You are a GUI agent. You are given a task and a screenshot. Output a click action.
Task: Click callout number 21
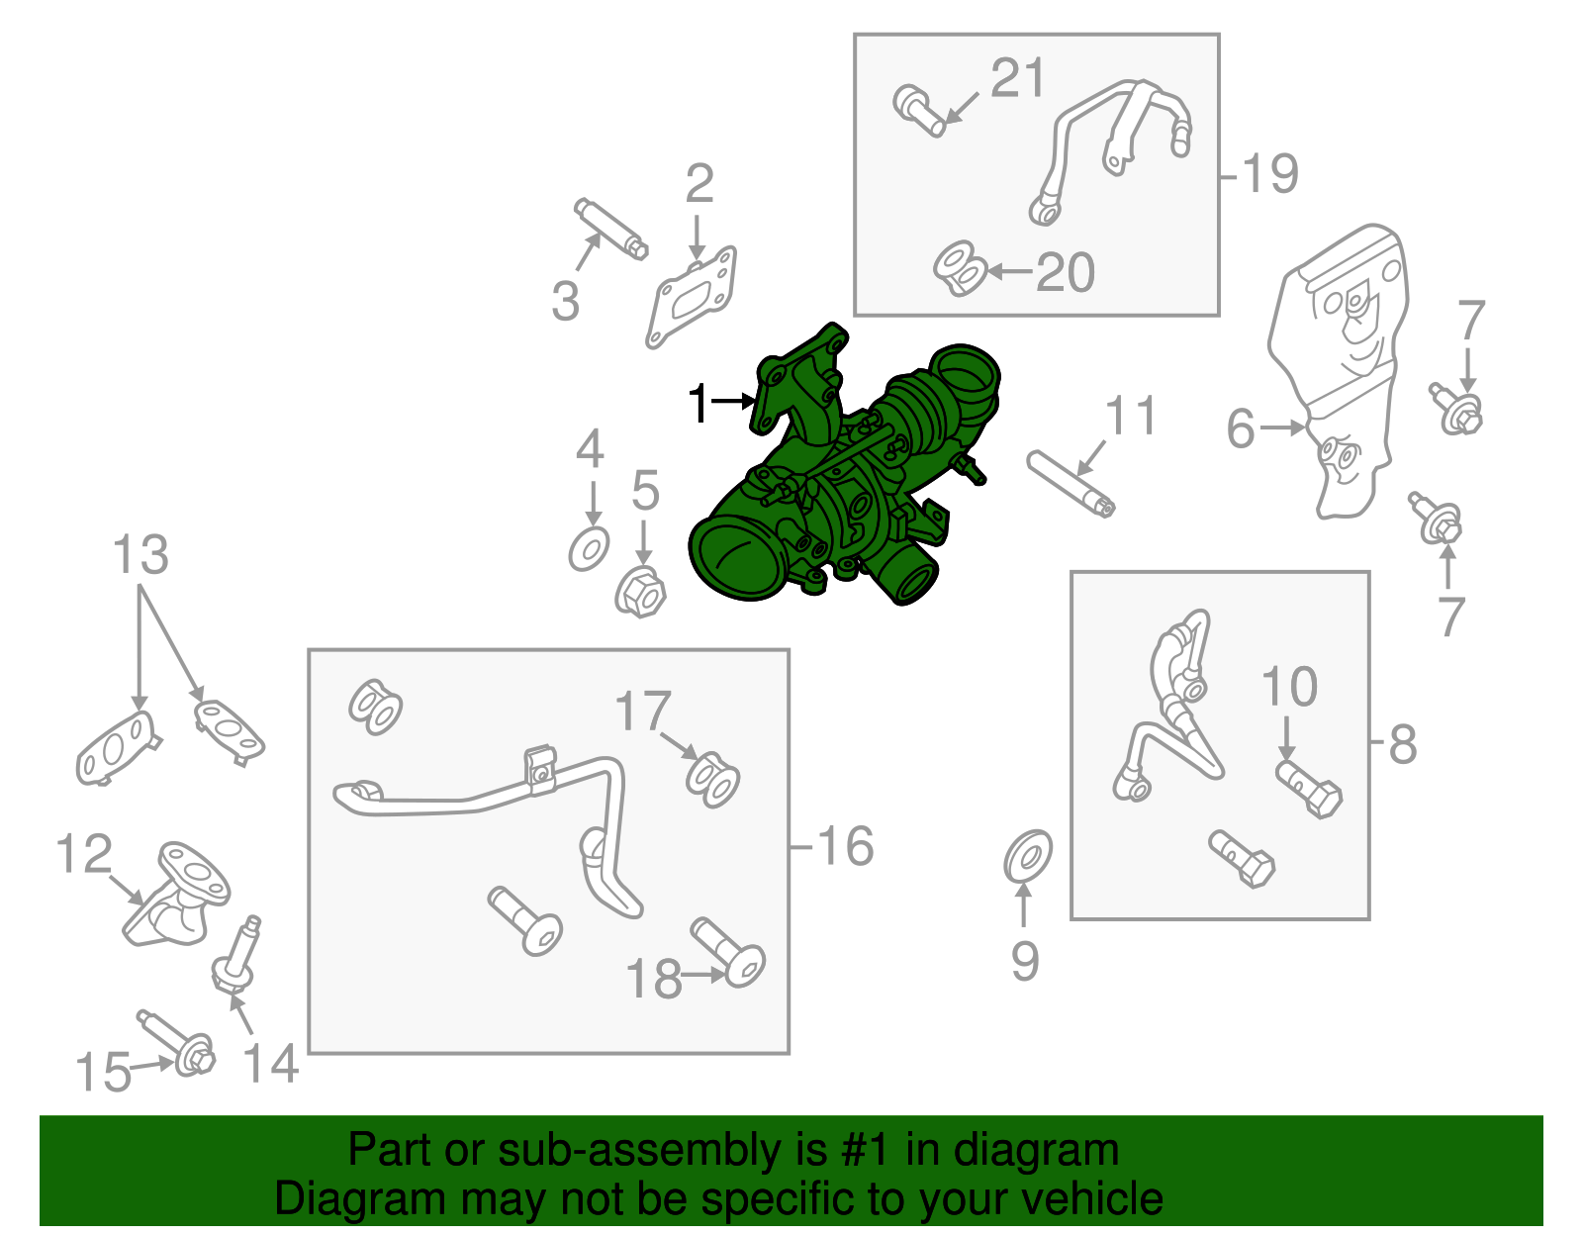[x=1018, y=78]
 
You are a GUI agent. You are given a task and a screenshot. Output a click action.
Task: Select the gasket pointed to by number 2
[x=692, y=297]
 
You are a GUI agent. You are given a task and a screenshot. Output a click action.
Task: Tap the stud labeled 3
[x=611, y=228]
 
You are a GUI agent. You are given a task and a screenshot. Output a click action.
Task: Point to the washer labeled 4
[x=589, y=550]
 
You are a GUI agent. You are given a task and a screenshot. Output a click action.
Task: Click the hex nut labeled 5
[x=640, y=591]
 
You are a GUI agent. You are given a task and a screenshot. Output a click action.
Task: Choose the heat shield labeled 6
[x=1339, y=371]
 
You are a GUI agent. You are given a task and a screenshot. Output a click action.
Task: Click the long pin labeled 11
[x=1071, y=484]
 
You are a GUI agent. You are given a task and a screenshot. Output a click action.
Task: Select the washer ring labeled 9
[x=1027, y=857]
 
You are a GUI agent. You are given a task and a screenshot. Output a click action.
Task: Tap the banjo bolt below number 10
[x=1309, y=790]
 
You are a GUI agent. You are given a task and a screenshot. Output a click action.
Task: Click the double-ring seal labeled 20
[x=960, y=269]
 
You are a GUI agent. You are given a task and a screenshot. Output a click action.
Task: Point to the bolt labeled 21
[x=919, y=111]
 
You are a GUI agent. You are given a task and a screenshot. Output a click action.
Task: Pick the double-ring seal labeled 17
[x=712, y=781]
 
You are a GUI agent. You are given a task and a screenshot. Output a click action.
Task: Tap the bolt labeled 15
[x=176, y=1042]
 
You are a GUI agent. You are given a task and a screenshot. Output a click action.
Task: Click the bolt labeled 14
[x=236, y=956]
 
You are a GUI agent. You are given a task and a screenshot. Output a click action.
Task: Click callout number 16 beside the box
[x=845, y=846]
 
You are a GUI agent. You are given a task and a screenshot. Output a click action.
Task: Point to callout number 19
[x=1270, y=174]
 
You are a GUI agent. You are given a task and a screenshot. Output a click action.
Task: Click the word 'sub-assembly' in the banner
[x=662, y=1150]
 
